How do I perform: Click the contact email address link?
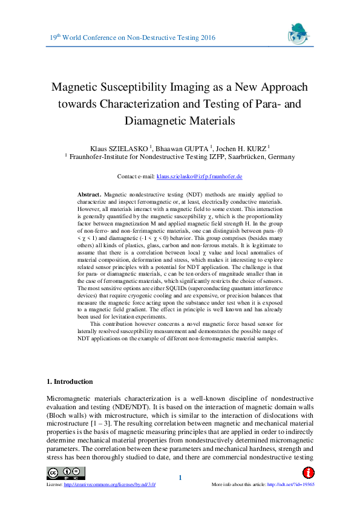click(199, 177)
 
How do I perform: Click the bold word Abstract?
click(90, 194)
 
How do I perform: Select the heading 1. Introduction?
click(70, 381)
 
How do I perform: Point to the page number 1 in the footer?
click(180, 478)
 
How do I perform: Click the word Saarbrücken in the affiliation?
click(225, 157)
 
